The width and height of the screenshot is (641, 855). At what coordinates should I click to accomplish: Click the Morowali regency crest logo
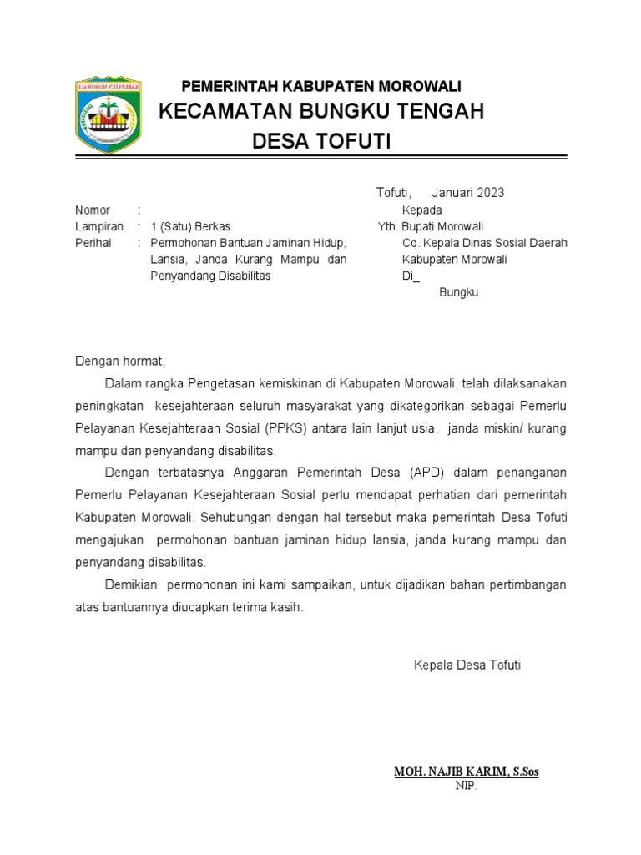(x=109, y=116)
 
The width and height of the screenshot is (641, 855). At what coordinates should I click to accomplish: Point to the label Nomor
(x=93, y=210)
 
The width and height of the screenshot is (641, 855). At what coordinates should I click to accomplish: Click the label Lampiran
(x=99, y=226)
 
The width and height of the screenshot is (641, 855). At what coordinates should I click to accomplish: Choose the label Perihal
(x=93, y=243)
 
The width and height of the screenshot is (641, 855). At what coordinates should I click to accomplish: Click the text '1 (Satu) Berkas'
(x=190, y=226)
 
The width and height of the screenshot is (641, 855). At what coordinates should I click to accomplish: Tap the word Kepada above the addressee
(x=421, y=210)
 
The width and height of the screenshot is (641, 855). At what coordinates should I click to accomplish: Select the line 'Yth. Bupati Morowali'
(x=431, y=226)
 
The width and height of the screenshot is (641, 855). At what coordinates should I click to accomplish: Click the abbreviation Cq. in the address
(x=411, y=243)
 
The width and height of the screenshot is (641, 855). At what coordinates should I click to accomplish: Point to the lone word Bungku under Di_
(x=458, y=293)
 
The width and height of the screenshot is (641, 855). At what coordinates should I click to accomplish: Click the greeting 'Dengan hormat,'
(x=121, y=362)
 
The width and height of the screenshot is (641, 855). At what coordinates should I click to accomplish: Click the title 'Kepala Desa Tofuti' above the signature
(x=467, y=665)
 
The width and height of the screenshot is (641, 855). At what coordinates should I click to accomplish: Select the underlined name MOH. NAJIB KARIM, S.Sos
(x=466, y=772)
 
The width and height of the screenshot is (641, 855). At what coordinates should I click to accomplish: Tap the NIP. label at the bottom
(x=466, y=786)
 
